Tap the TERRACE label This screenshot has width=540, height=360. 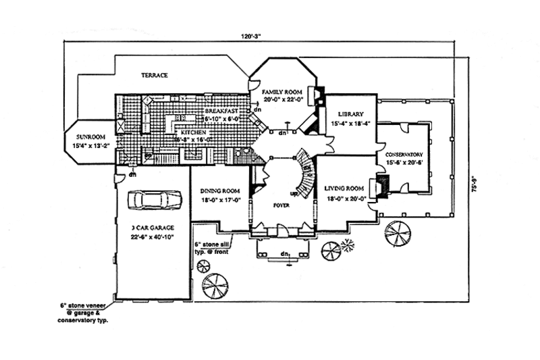point(154,75)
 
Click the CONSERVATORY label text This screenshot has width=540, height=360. point(404,153)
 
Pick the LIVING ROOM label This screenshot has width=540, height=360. point(344,188)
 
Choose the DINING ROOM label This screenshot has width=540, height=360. point(220,191)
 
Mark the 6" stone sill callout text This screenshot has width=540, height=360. point(213,247)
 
